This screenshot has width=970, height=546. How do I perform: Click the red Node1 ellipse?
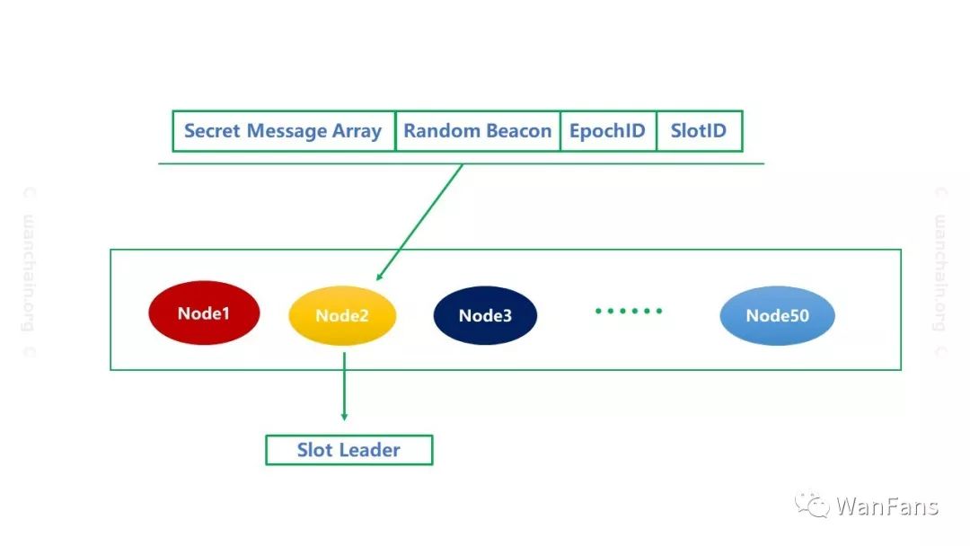tap(204, 313)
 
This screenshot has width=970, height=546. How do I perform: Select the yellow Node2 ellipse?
tap(342, 315)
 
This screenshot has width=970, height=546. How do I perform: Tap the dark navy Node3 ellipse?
tap(485, 315)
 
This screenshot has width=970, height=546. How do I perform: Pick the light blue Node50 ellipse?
tap(777, 315)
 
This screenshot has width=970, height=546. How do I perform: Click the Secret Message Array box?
tap(284, 131)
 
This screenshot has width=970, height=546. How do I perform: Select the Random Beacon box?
tap(478, 131)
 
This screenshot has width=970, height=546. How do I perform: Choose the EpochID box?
tap(608, 131)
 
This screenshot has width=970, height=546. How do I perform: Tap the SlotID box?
tap(699, 131)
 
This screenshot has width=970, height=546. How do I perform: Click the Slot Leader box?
tap(348, 450)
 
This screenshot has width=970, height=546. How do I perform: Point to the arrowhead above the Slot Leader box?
tap(345, 418)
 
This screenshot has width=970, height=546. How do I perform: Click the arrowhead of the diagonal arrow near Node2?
tap(380, 276)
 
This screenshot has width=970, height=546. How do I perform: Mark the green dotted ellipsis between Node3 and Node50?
tap(629, 311)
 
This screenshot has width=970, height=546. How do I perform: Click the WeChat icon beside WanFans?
tap(811, 504)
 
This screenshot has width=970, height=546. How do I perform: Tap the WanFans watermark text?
tap(887, 506)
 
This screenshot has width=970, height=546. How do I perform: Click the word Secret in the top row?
tap(212, 131)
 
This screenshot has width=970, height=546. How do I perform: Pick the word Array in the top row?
tap(357, 132)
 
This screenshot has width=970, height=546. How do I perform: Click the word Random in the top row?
tap(442, 131)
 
